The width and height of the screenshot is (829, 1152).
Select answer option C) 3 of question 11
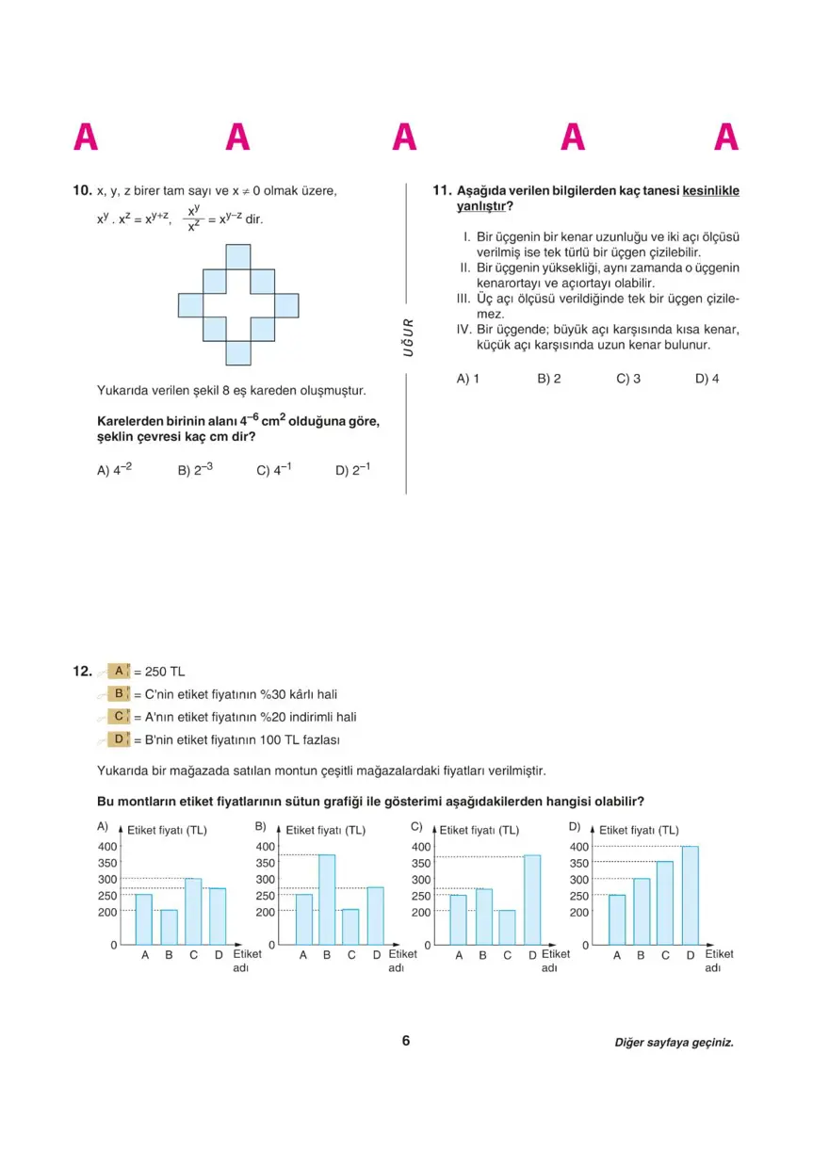pyautogui.click(x=628, y=379)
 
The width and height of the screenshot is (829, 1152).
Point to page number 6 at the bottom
pyautogui.click(x=406, y=1041)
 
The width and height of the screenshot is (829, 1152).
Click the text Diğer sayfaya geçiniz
pyautogui.click(x=673, y=1043)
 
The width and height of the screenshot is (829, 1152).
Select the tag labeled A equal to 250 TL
pyautogui.click(x=119, y=672)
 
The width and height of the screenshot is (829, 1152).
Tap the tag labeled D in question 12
pyautogui.click(x=119, y=739)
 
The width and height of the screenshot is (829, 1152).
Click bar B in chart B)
pyautogui.click(x=327, y=899)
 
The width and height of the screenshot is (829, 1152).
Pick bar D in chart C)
pyautogui.click(x=532, y=899)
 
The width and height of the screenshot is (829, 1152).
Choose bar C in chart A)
pyautogui.click(x=193, y=911)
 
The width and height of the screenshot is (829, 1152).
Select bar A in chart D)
pyautogui.click(x=617, y=919)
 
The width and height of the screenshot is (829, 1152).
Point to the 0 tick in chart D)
pyautogui.click(x=585, y=945)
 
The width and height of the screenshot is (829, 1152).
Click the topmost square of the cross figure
pyautogui.click(x=238, y=256)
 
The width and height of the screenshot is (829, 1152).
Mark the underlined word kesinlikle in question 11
pyautogui.click(x=710, y=191)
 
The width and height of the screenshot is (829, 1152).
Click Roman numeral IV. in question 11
pyautogui.click(x=463, y=330)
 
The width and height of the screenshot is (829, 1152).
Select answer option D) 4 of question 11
pyautogui.click(x=707, y=379)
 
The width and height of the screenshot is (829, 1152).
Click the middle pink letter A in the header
pyautogui.click(x=404, y=138)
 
